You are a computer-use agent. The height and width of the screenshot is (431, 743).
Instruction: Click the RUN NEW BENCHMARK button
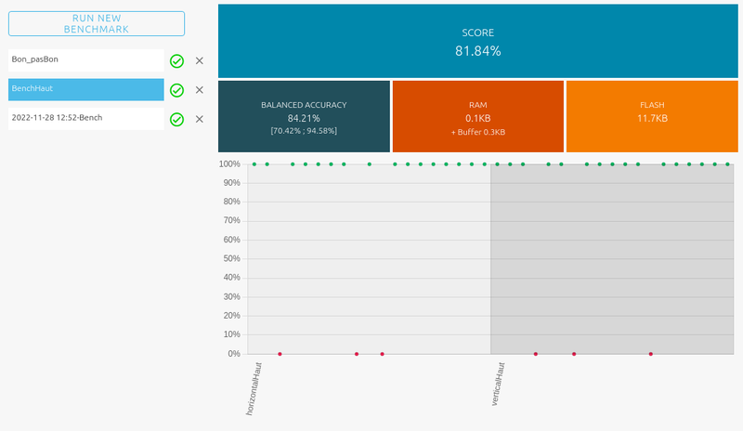[96, 24]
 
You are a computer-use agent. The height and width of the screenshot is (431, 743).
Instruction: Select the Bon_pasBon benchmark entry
[85, 60]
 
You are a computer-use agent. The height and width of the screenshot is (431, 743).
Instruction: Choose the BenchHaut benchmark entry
[85, 89]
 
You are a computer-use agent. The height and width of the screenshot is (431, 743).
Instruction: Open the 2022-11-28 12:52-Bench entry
[85, 119]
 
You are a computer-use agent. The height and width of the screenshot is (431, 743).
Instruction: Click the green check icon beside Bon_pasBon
[176, 61]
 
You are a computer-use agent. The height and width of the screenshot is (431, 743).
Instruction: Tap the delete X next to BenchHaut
[199, 90]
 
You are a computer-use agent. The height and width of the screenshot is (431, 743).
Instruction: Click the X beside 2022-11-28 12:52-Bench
[199, 119]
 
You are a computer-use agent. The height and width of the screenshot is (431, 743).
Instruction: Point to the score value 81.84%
[477, 51]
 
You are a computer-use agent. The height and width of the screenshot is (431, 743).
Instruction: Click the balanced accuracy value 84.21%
[304, 118]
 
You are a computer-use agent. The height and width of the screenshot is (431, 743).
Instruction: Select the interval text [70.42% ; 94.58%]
[304, 131]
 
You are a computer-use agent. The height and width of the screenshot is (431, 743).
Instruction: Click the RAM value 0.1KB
[477, 118]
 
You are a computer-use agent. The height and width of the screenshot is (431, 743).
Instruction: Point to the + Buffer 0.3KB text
[477, 132]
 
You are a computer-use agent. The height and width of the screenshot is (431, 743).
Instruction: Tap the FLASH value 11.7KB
[652, 118]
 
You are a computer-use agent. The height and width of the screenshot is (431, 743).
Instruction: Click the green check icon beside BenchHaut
[176, 90]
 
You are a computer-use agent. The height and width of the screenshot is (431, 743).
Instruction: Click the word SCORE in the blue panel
[477, 33]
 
